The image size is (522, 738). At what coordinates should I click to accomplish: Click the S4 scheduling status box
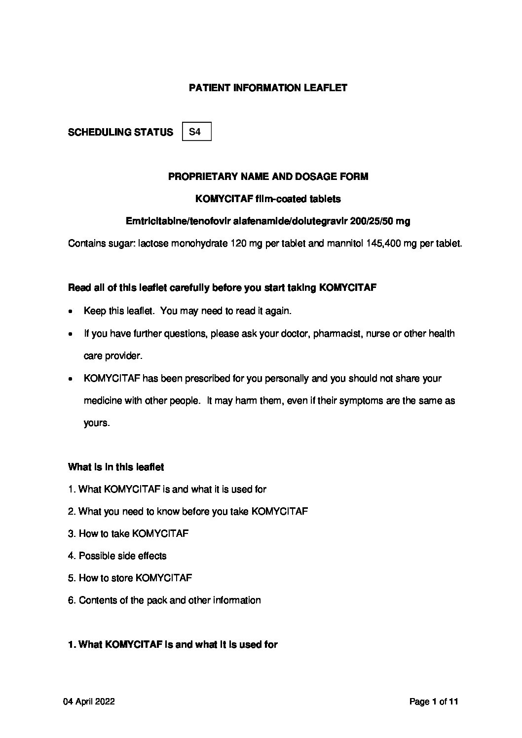(x=196, y=132)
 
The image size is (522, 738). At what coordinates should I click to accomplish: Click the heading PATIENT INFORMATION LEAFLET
(x=268, y=88)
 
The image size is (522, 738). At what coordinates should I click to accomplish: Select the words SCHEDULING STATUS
(x=120, y=132)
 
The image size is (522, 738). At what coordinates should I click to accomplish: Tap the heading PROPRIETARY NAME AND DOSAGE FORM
(x=268, y=176)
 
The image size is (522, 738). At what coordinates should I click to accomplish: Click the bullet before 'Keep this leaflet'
(x=72, y=312)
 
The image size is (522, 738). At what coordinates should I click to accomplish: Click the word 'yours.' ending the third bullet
(x=96, y=423)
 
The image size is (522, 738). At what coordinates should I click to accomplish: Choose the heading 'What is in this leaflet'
(x=116, y=467)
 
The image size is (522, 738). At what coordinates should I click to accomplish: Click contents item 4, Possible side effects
(x=117, y=556)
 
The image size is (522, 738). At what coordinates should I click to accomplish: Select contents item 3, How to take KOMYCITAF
(x=128, y=533)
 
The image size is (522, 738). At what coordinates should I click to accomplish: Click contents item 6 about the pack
(x=164, y=600)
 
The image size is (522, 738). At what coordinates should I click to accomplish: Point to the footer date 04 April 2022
(x=89, y=702)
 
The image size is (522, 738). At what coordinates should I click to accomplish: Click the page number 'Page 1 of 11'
(x=434, y=702)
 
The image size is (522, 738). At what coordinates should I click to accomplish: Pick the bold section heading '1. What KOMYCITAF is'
(x=173, y=644)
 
